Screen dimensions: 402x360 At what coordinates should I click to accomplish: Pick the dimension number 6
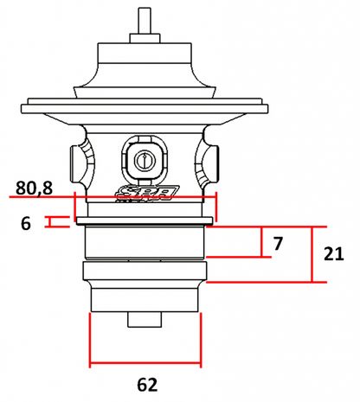pos(25,223)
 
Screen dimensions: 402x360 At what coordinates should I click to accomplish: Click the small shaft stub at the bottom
pos(145,318)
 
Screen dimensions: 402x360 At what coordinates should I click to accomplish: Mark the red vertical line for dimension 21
pos(311,253)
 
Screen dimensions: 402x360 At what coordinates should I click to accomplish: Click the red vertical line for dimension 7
pos(261,241)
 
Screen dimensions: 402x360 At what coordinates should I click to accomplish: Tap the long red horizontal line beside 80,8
pos(112,197)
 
